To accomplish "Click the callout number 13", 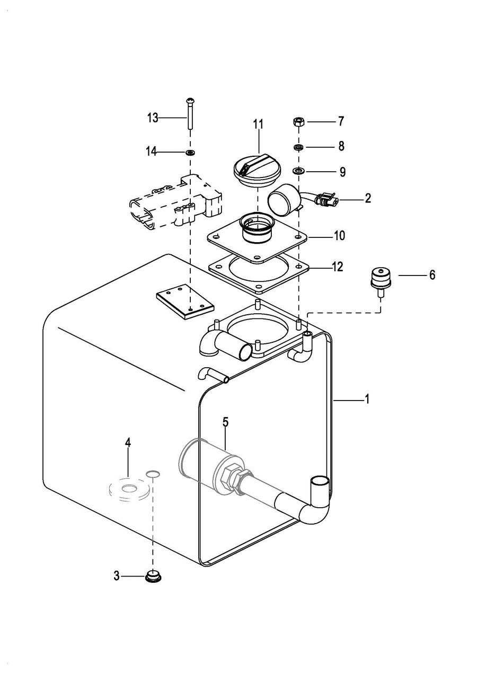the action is [153, 118].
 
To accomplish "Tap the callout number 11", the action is [258, 124].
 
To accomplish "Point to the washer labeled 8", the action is [299, 147].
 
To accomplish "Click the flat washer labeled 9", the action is [299, 171].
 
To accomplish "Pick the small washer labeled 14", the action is [190, 152].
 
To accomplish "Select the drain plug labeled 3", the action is [153, 576].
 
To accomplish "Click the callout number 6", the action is [432, 274].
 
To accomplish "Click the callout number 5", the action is [225, 422].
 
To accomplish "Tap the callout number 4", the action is [128, 442].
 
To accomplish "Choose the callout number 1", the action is [367, 400].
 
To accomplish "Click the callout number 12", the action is [338, 267].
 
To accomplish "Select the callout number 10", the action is [339, 236].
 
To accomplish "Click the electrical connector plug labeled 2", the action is [326, 199].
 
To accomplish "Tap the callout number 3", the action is [117, 576].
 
